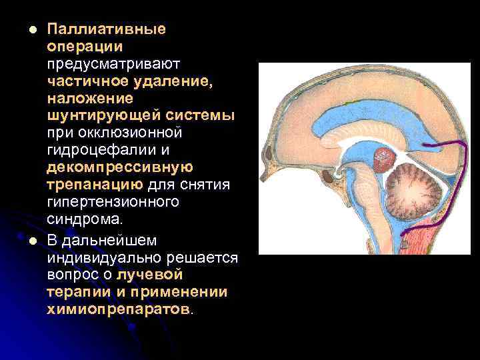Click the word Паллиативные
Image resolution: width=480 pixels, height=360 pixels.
[x=106, y=30]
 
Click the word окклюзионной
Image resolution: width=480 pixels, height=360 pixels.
[x=134, y=133]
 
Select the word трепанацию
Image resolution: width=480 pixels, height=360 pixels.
[x=94, y=185]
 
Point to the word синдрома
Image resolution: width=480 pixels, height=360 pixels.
[x=85, y=219]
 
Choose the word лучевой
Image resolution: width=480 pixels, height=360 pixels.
[x=149, y=275]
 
